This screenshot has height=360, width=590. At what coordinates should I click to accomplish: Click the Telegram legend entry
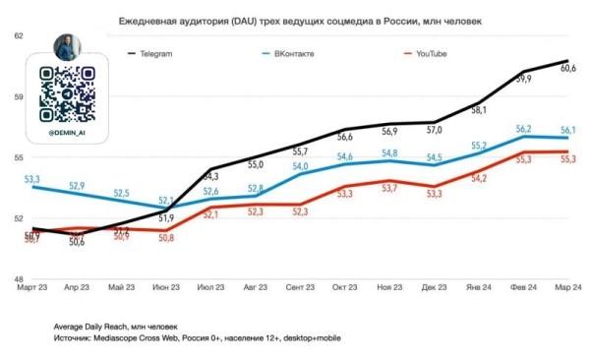[170, 53]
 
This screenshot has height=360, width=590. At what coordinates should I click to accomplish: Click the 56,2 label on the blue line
[524, 129]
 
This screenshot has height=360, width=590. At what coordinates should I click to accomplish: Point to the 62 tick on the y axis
[17, 35]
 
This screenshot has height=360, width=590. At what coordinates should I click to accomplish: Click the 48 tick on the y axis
[17, 280]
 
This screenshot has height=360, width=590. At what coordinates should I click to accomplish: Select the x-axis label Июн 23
[166, 287]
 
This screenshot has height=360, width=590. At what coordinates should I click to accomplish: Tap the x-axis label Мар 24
[568, 287]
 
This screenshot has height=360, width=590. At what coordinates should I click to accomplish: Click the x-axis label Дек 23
[435, 287]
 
